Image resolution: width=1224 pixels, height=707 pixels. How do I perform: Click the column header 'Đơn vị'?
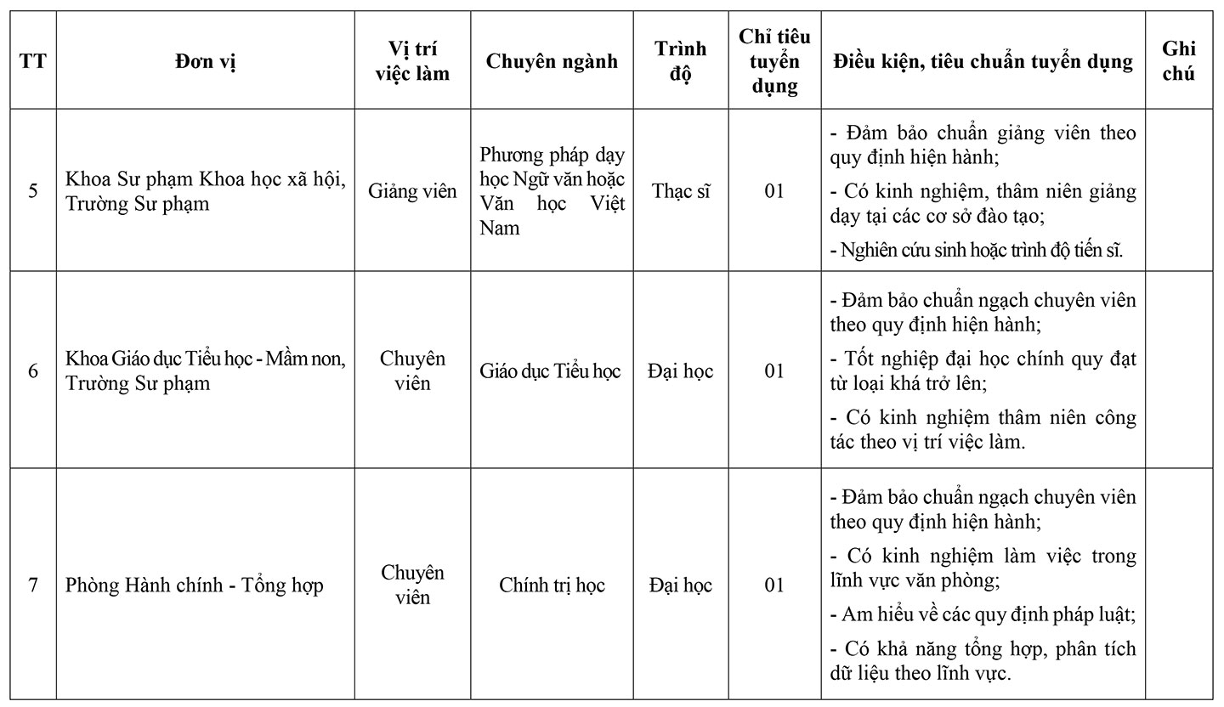pyautogui.click(x=206, y=61)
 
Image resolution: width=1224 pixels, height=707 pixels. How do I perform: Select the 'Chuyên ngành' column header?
pyautogui.click(x=552, y=61)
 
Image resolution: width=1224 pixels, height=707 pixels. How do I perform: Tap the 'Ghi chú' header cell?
pyautogui.click(x=1178, y=61)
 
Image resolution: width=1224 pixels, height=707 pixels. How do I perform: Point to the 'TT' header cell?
pyautogui.click(x=33, y=61)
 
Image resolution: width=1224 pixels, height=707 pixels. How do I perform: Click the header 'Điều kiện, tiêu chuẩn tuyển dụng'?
pyautogui.click(x=983, y=61)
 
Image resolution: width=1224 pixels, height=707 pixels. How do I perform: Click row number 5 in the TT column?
pyautogui.click(x=33, y=190)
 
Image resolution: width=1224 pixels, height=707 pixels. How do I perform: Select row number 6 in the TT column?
pyautogui.click(x=33, y=370)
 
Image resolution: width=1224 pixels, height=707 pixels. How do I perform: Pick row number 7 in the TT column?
pyautogui.click(x=33, y=585)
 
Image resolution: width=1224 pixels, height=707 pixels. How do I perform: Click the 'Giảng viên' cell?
pyautogui.click(x=412, y=190)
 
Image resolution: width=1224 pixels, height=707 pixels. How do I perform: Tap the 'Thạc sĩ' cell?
pyautogui.click(x=680, y=190)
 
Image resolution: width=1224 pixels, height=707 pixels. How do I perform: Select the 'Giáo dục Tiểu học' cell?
pyautogui.click(x=551, y=370)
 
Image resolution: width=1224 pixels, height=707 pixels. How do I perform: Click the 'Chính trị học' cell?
pyautogui.click(x=552, y=585)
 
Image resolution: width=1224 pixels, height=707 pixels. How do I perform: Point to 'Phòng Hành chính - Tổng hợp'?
pyautogui.click(x=195, y=585)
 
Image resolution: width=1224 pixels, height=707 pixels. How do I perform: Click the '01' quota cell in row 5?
pyautogui.click(x=773, y=190)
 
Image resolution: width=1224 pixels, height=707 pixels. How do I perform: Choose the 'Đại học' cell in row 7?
pyautogui.click(x=680, y=585)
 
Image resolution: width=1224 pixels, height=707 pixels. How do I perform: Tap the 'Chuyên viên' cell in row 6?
pyautogui.click(x=412, y=370)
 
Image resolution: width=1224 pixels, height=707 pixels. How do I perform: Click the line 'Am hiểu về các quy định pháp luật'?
pyautogui.click(x=983, y=613)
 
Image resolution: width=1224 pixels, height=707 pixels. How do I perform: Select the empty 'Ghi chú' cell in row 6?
pyautogui.click(x=1178, y=370)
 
